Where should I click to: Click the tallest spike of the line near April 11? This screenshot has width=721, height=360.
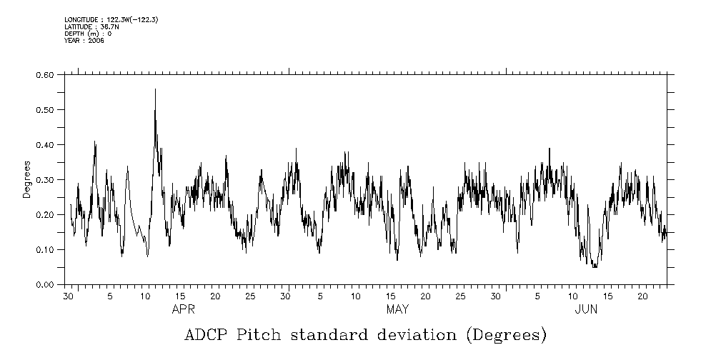pyautogui.click(x=154, y=89)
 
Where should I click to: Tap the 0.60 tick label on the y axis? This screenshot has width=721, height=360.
pyautogui.click(x=45, y=75)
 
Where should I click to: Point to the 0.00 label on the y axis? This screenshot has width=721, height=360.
pyautogui.click(x=45, y=285)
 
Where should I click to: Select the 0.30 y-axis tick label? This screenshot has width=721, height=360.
pyautogui.click(x=45, y=180)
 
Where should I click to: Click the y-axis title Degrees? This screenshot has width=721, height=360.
pyautogui.click(x=27, y=179)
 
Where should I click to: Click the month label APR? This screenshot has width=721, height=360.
pyautogui.click(x=184, y=309)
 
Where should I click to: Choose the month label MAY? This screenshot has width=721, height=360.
pyautogui.click(x=397, y=309)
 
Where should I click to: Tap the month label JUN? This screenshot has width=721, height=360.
pyautogui.click(x=586, y=309)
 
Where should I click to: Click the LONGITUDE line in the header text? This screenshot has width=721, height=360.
pyautogui.click(x=111, y=20)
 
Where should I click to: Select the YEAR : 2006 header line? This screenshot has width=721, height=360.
pyautogui.click(x=84, y=41)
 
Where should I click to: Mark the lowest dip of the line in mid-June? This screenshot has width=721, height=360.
pyautogui.click(x=595, y=266)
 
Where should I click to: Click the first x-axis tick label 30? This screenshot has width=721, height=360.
pyautogui.click(x=69, y=296)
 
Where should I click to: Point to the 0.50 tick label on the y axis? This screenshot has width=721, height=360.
pyautogui.click(x=45, y=110)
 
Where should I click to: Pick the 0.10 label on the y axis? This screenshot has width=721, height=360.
pyautogui.click(x=45, y=250)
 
